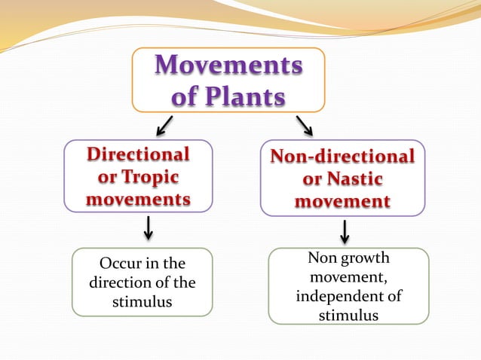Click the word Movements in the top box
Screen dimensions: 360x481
coord(228,66)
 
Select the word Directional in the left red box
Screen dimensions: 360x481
coord(138,154)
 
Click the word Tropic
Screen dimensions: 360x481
coord(155,178)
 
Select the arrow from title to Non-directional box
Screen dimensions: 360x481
coord(304,126)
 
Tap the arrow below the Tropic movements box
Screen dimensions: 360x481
coord(149,227)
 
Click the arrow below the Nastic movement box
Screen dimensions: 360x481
coord(345,231)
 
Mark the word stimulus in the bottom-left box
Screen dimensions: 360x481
coord(142,302)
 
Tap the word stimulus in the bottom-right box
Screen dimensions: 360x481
coord(348,315)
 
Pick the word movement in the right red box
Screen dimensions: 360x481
coord(342,202)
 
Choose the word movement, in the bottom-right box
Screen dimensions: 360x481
coord(348,277)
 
